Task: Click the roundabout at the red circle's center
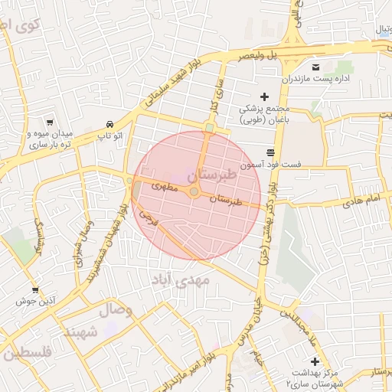[x=194, y=191]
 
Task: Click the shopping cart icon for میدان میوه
[x=50, y=122]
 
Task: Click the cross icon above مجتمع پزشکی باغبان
[x=265, y=96]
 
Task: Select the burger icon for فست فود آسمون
[x=269, y=152]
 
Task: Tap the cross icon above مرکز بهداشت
[x=314, y=361]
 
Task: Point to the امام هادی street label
[x=362, y=200]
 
